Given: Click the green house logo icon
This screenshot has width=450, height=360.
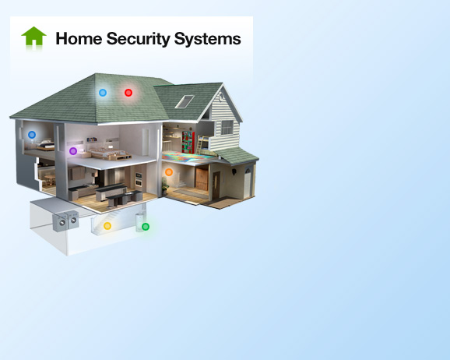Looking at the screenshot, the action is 33,36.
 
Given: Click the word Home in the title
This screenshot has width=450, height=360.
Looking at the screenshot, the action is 79,38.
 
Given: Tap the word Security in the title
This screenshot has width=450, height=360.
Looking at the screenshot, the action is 138,39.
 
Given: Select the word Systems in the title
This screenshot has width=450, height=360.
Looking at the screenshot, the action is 208,39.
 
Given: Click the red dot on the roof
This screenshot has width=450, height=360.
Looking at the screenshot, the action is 128,93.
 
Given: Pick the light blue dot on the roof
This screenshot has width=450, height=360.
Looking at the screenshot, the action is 103,93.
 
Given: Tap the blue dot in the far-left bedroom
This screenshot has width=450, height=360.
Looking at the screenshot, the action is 32,135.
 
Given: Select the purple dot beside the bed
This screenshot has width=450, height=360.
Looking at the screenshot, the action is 73,151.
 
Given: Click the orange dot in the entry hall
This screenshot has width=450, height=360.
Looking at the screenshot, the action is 169,172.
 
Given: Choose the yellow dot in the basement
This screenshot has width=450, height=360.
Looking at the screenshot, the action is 107,226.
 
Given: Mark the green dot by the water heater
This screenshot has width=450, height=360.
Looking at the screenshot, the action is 146,227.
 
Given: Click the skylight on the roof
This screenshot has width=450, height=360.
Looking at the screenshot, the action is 185,102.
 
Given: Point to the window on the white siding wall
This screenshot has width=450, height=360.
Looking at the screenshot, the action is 227,127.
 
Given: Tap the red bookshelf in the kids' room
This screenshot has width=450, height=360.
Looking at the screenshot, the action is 188,142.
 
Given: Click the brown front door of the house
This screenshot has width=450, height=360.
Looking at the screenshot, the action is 216,185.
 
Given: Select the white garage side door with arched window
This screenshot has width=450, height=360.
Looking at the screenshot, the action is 247,183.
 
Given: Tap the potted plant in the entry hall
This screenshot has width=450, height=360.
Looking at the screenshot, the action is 164,186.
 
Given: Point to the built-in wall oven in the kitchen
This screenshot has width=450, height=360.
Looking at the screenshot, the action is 139,179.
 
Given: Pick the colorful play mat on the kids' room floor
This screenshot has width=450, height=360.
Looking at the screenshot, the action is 188,157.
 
